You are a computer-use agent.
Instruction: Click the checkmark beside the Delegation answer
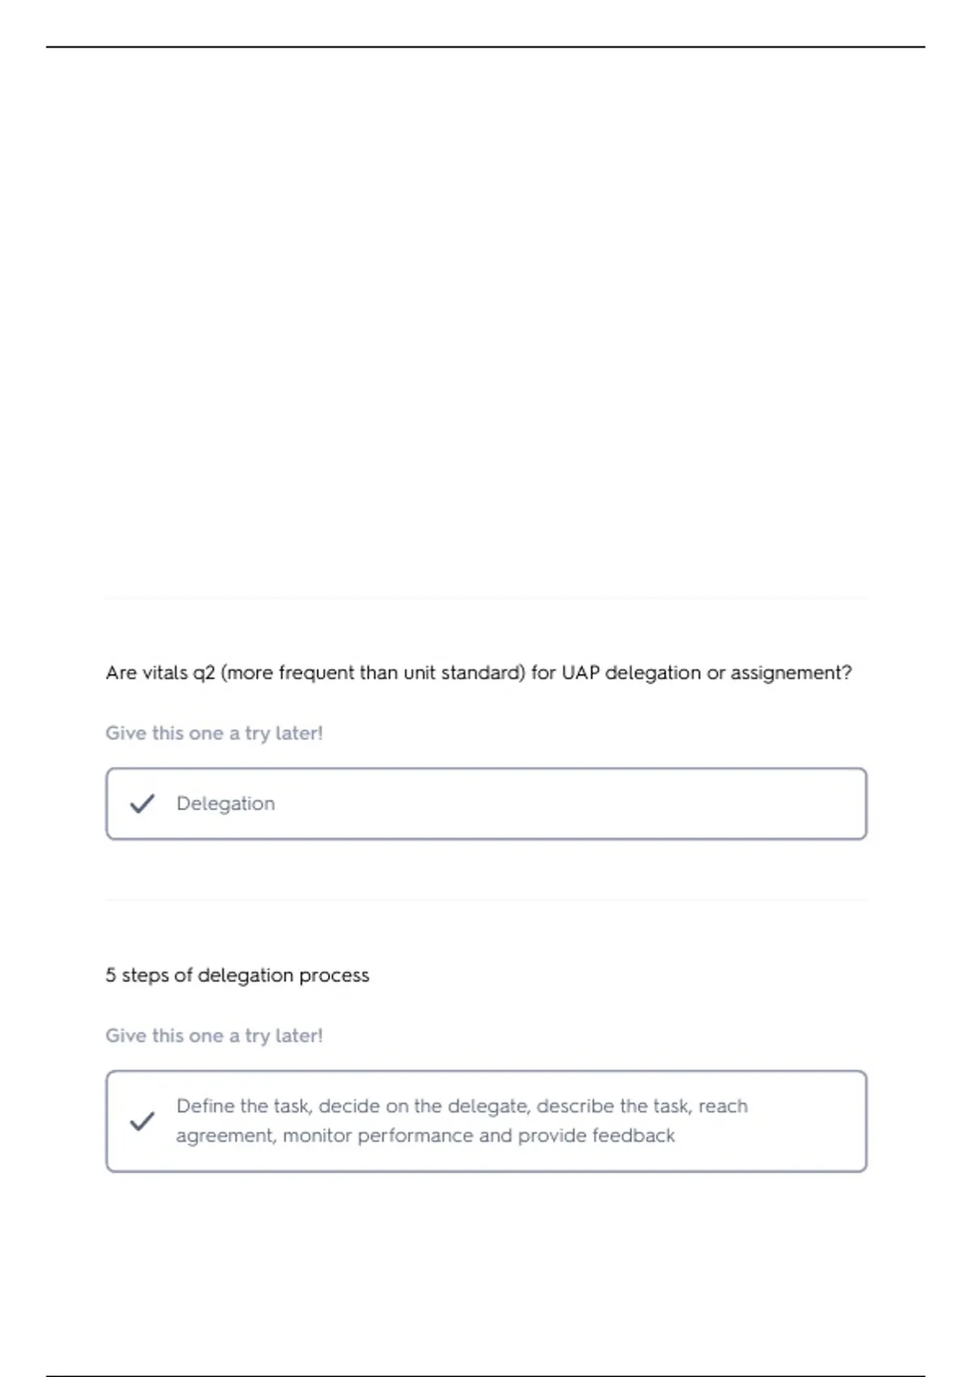[x=142, y=804]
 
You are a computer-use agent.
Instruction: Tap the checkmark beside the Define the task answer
[x=142, y=1121]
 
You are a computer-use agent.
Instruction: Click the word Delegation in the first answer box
[x=225, y=804]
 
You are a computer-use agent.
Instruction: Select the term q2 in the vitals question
[x=203, y=673]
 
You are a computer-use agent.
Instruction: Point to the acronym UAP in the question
[x=580, y=672]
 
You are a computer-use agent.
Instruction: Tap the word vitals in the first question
[x=164, y=672]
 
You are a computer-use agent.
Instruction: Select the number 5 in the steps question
[x=110, y=974]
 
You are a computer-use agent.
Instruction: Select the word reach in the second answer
[x=723, y=1106]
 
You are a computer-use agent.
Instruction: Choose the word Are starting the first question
[x=121, y=672]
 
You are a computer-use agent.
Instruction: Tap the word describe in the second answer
[x=575, y=1106]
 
